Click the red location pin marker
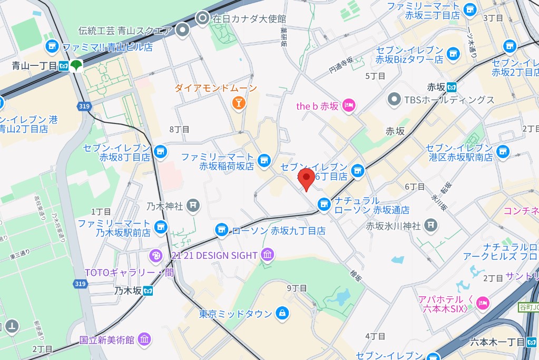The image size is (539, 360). [x=306, y=178]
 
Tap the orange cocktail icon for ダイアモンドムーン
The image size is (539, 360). [x=238, y=103]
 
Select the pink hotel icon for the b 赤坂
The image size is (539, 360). [x=349, y=106]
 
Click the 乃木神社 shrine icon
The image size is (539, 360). [x=194, y=205]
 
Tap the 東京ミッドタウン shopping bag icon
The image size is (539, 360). [x=282, y=314]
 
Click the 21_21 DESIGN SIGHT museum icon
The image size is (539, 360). [x=268, y=256]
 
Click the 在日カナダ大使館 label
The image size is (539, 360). [x=249, y=18]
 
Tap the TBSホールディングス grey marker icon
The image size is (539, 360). [x=394, y=99]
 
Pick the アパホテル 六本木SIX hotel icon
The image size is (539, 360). [x=482, y=303]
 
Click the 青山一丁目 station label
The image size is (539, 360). [x=35, y=66]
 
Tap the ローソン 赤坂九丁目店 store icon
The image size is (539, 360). [x=221, y=230]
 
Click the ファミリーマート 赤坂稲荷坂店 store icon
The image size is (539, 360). [x=264, y=158]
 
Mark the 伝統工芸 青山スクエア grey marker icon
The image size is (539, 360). [x=183, y=31]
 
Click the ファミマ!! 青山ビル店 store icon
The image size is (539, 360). [x=52, y=46]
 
